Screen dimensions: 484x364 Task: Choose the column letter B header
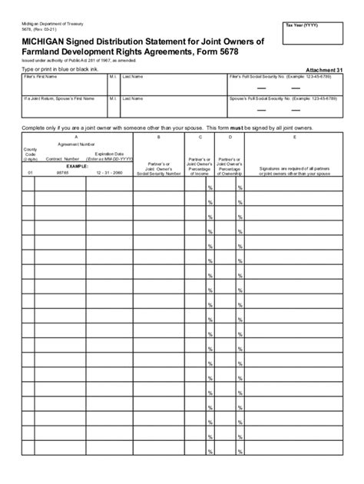click(x=157, y=136)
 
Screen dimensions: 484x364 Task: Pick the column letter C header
click(x=200, y=136)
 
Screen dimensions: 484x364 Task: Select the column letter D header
click(x=229, y=136)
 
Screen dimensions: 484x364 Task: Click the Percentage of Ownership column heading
click(x=229, y=165)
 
